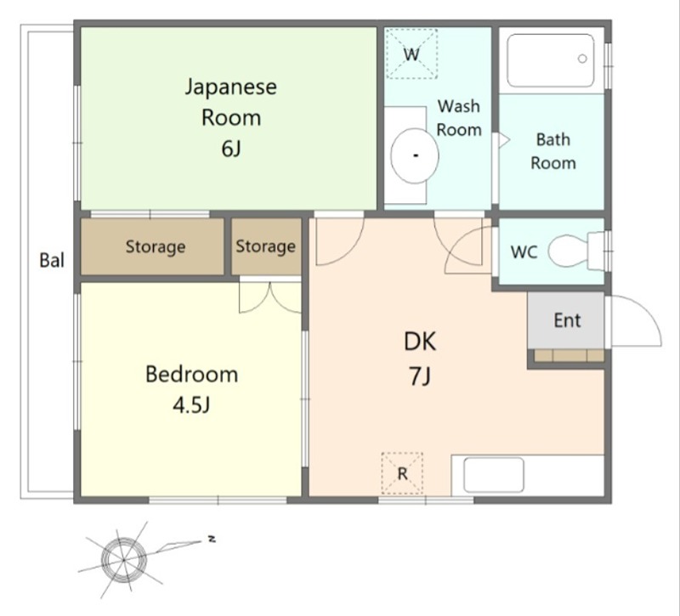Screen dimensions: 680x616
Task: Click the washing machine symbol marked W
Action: pyautogui.click(x=411, y=54)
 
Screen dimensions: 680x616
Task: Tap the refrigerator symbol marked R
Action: pyautogui.click(x=402, y=473)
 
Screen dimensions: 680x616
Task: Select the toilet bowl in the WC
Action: pyautogui.click(x=568, y=251)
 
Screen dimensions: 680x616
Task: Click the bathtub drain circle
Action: pyautogui.click(x=582, y=59)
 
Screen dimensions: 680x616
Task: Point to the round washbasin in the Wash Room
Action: pyautogui.click(x=415, y=155)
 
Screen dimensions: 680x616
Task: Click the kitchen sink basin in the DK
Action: pyautogui.click(x=494, y=476)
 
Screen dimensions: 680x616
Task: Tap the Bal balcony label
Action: pyautogui.click(x=52, y=260)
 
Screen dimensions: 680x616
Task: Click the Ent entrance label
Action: pyautogui.click(x=567, y=320)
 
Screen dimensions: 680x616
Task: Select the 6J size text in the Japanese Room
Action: pyautogui.click(x=230, y=150)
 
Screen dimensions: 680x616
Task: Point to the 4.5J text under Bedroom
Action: pyautogui.click(x=191, y=405)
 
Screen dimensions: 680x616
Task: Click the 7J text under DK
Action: pyautogui.click(x=419, y=376)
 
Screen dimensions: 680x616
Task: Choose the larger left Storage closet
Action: pyautogui.click(x=153, y=246)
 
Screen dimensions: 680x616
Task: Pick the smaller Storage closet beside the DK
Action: pyautogui.click(x=266, y=246)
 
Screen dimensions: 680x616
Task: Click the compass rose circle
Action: pyautogui.click(x=123, y=560)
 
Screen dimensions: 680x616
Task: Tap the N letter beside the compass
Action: pyautogui.click(x=212, y=540)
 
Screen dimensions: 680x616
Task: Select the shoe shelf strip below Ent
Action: pyautogui.click(x=569, y=355)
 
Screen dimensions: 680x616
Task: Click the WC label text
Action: pyautogui.click(x=524, y=251)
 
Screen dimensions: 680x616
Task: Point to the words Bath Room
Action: pyautogui.click(x=553, y=151)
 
